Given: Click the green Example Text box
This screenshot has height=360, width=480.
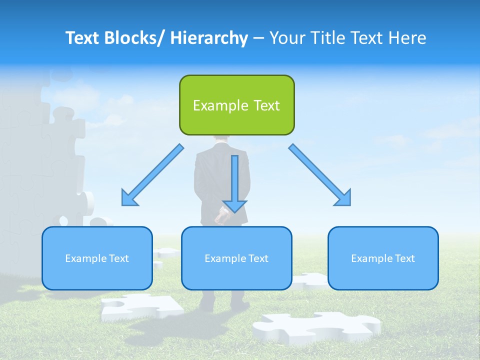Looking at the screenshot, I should click(x=236, y=105).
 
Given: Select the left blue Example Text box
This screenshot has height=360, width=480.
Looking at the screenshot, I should click(x=97, y=258).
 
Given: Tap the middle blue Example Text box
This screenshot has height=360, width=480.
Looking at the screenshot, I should click(x=236, y=258).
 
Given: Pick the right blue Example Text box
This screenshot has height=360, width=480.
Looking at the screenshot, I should click(x=383, y=258).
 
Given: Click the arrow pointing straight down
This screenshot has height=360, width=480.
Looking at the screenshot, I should click(x=234, y=183).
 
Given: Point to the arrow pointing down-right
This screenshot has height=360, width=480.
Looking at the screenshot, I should click(x=320, y=175).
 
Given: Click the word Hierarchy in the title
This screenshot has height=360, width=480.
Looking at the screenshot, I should click(x=209, y=38).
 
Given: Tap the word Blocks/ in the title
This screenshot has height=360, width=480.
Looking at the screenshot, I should click(x=133, y=38).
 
